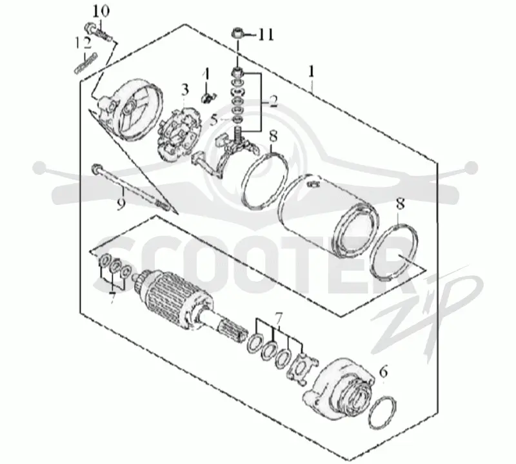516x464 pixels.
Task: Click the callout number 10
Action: coord(101,12)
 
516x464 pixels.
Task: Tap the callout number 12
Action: coord(83,43)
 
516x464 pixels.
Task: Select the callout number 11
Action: coord(266,35)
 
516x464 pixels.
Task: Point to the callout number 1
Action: coord(312,72)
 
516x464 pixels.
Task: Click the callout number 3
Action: coord(185,90)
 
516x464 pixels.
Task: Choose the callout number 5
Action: coord(214,121)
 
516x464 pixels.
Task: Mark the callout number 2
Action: coord(273,101)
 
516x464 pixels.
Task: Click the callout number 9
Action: coord(121,204)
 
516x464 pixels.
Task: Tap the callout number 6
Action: coord(383,372)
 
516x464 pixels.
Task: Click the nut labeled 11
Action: coord(237,33)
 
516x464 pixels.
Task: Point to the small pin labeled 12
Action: coord(86,63)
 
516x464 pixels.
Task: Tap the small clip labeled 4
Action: coord(208,98)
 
